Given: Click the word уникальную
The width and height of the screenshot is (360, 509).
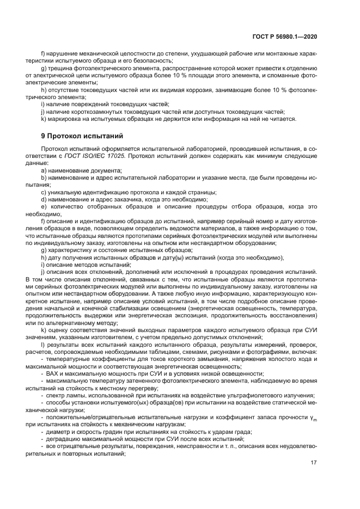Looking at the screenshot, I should coord(64,192).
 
